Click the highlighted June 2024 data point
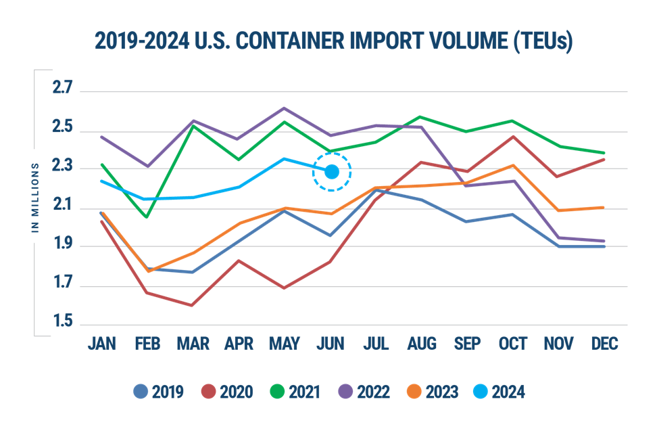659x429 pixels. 332,172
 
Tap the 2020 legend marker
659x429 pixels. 209,392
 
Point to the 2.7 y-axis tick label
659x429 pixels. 62,88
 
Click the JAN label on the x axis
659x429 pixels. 102,344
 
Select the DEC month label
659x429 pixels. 604,344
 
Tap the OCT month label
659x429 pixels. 512,344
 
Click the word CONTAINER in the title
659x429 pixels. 276,42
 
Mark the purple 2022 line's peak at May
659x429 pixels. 284,108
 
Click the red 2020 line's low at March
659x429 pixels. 193,306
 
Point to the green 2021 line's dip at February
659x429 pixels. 147,217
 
